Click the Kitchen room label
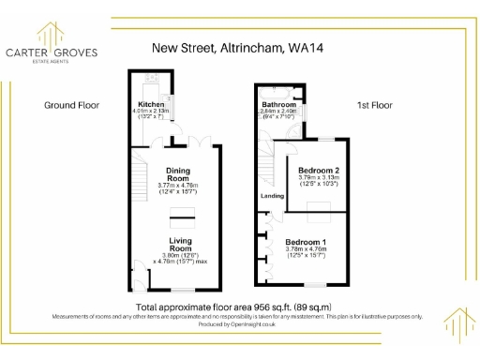coord(152,104)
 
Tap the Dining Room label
coord(178,173)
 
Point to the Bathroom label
coord(278,104)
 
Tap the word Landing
coord(273,196)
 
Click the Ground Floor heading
coord(71,105)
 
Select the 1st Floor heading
coord(373,105)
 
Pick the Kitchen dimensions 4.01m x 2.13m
coord(152,112)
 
